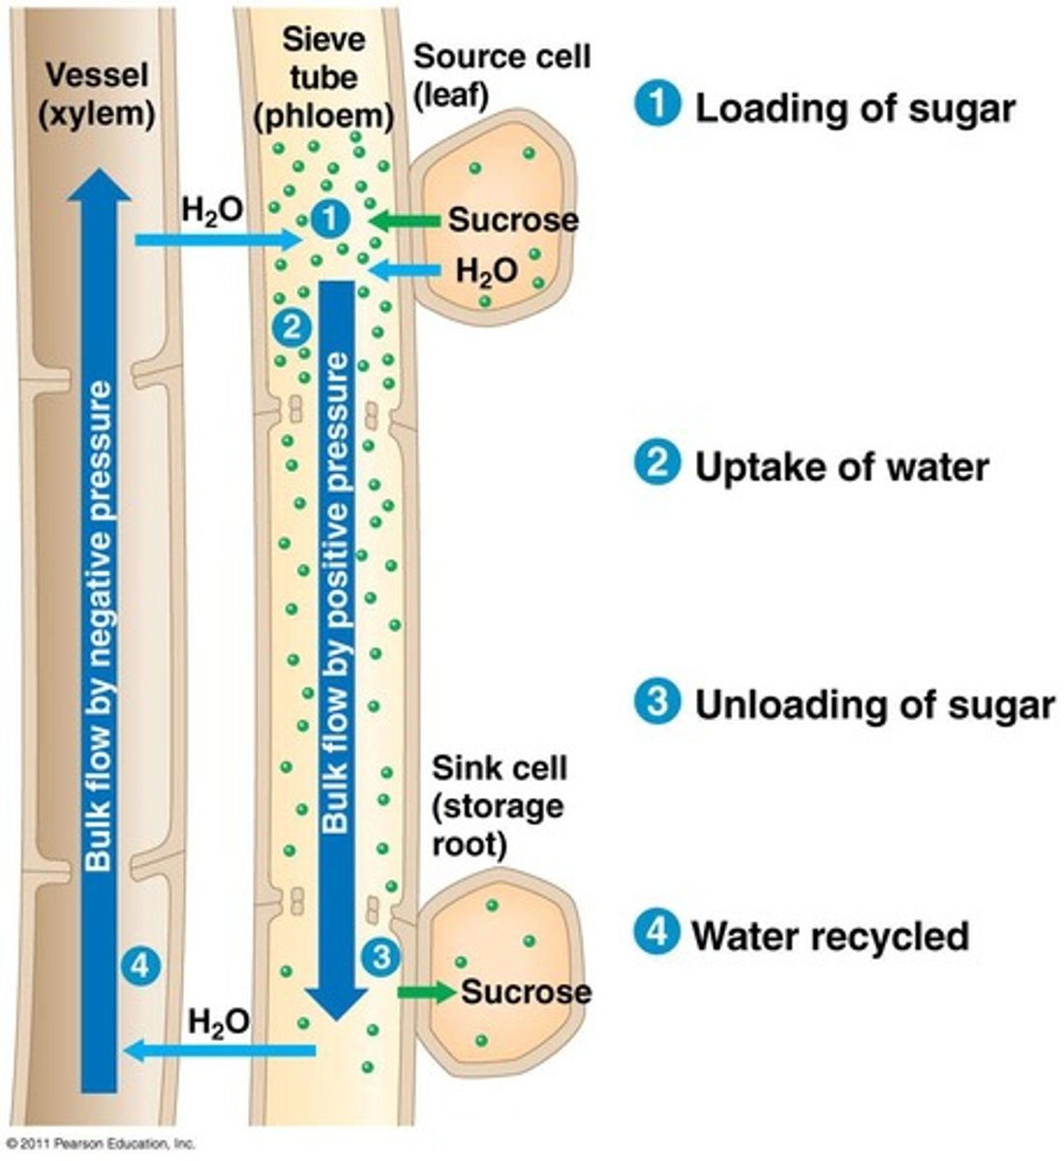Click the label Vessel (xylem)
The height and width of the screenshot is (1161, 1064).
(x=96, y=94)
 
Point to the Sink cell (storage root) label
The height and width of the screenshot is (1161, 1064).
(x=498, y=806)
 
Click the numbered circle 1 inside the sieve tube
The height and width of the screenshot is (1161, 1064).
(x=331, y=221)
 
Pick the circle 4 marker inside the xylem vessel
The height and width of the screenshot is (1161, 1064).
(x=141, y=965)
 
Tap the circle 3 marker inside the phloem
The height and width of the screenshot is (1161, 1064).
(x=380, y=957)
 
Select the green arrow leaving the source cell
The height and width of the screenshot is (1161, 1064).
(x=404, y=222)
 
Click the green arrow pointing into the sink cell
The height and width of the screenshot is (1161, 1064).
(x=426, y=992)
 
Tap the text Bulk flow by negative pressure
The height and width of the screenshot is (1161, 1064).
(x=99, y=629)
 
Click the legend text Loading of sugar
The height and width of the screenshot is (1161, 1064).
(x=854, y=108)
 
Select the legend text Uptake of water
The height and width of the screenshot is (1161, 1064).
(x=841, y=466)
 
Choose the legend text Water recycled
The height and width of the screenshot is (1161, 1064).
(x=830, y=936)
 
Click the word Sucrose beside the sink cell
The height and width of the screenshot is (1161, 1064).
(x=526, y=992)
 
